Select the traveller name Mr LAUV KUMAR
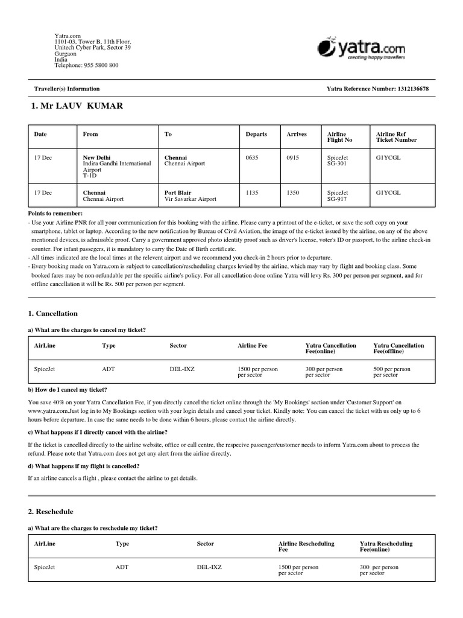click(77, 106)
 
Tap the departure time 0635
click(252, 158)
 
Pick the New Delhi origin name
click(96, 158)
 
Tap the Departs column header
click(256, 134)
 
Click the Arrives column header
click(297, 134)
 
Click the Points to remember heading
click(55, 214)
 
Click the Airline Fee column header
click(253, 346)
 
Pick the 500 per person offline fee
click(392, 369)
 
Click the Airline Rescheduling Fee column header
click(306, 547)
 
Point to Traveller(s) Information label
click(67, 89)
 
